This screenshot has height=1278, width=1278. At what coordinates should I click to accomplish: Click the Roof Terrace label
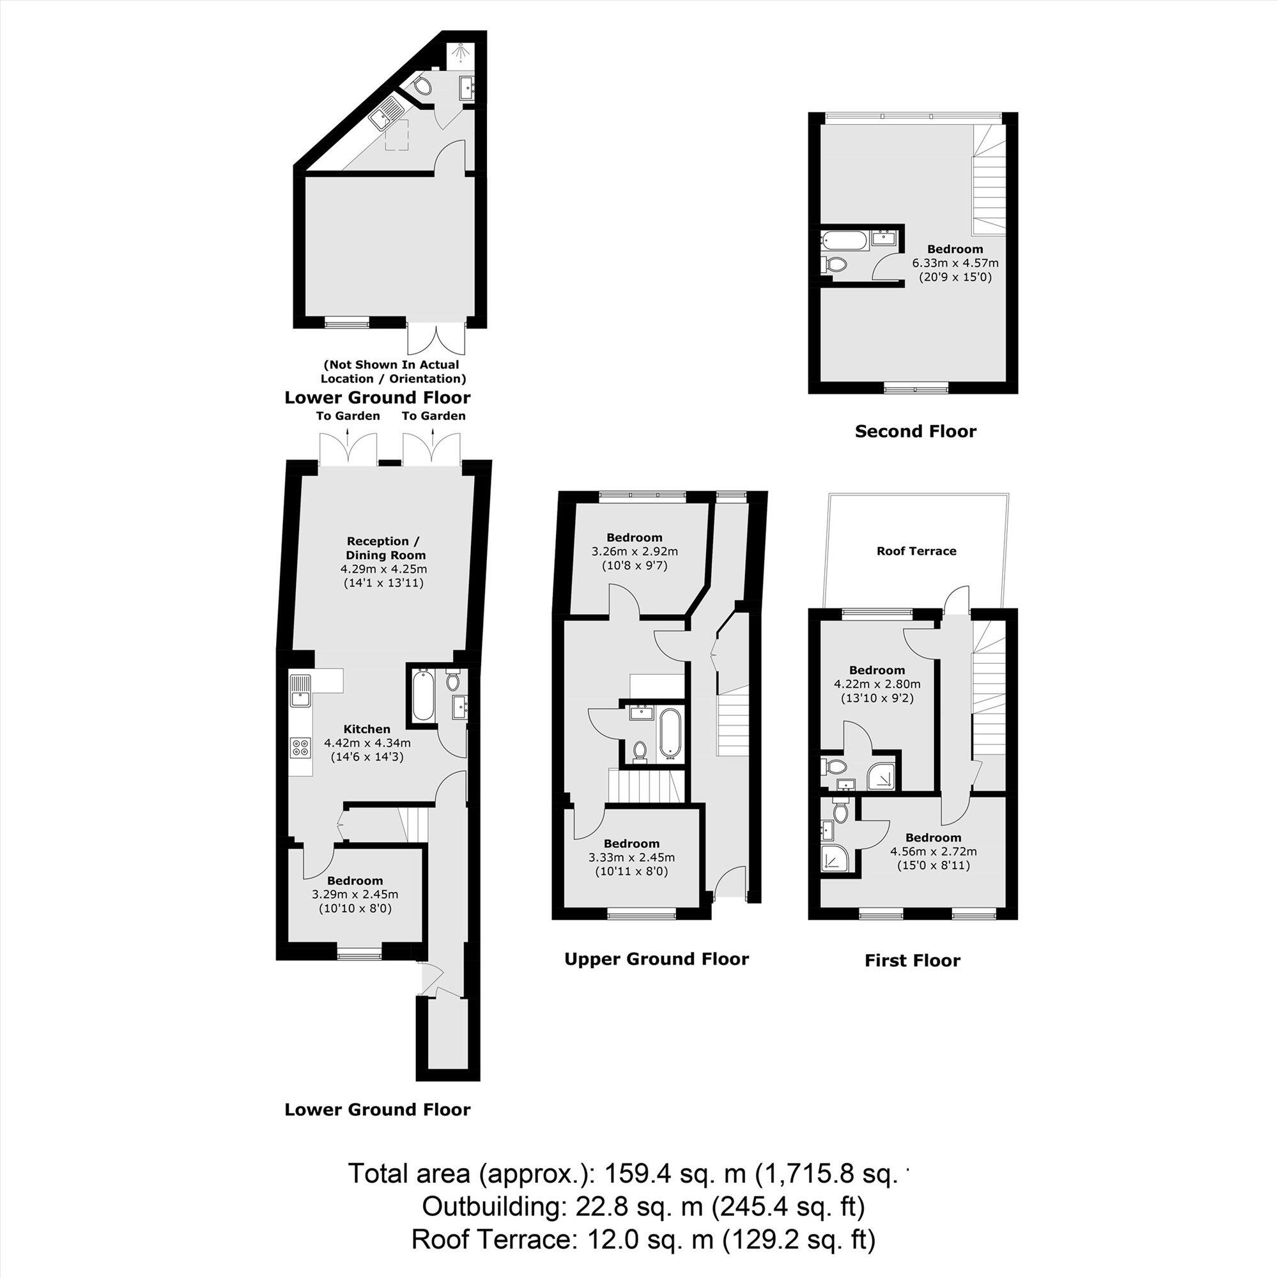pyautogui.click(x=916, y=551)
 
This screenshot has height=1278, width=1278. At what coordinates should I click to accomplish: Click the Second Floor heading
pyautogui.click(x=916, y=432)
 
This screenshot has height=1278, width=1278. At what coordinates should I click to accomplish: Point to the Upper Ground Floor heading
pyautogui.click(x=656, y=959)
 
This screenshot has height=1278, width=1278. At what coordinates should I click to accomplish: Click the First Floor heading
pyautogui.click(x=912, y=960)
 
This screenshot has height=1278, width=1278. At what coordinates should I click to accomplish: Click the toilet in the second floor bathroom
pyautogui.click(x=835, y=265)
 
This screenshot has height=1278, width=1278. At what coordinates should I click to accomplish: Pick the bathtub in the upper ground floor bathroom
pyautogui.click(x=670, y=732)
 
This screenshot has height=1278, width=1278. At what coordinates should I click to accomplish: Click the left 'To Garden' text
pyautogui.click(x=348, y=416)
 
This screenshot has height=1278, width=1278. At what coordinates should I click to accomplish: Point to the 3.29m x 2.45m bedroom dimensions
pyautogui.click(x=355, y=895)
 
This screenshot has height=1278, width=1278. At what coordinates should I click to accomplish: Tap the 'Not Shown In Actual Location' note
pyautogui.click(x=393, y=372)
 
